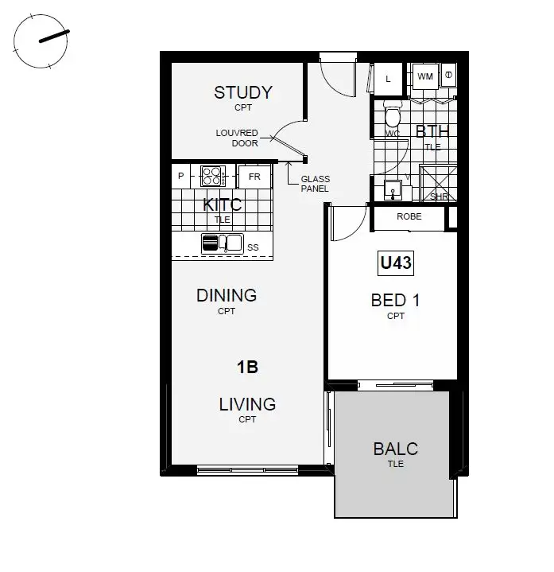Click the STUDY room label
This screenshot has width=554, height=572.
tap(242, 93)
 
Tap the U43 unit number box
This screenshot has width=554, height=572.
tap(395, 263)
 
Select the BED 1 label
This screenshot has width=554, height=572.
tap(395, 301)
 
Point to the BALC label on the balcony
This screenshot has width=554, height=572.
tap(395, 449)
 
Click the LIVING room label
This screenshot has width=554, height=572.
tap(247, 405)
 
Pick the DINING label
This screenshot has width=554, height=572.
tap(227, 296)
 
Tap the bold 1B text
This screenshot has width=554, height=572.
tap(247, 368)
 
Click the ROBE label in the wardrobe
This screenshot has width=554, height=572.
tap(409, 216)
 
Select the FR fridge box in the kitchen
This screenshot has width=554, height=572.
tap(254, 176)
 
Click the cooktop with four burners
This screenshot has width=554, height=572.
tap(213, 176)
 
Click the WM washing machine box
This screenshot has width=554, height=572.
tap(425, 77)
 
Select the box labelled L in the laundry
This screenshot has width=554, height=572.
tap(388, 78)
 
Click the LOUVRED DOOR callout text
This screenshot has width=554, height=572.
tap(237, 138)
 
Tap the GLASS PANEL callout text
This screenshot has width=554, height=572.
tap(316, 185)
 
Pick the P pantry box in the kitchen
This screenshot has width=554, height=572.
tap(182, 176)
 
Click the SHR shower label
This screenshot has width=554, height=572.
tap(438, 196)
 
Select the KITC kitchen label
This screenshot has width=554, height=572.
tap(222, 205)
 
